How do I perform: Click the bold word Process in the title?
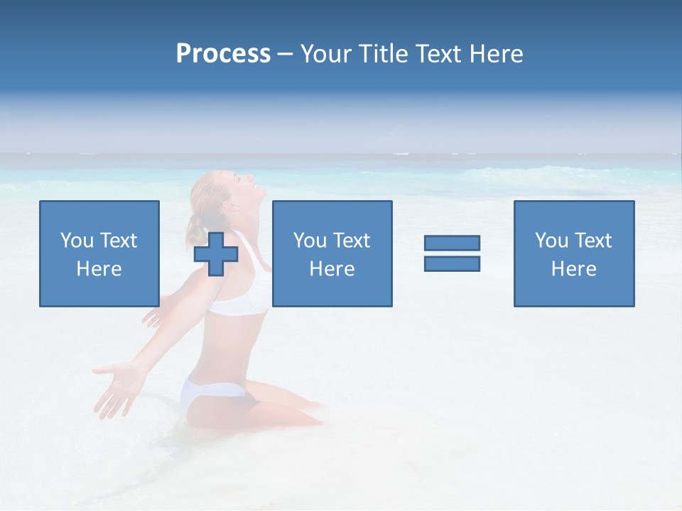tap(223, 54)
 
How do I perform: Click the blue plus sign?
tap(216, 253)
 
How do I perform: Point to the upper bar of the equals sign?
tap(452, 243)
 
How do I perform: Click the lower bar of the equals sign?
tap(452, 263)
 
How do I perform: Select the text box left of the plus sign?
tap(99, 253)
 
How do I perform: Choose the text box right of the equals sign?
tap(574, 253)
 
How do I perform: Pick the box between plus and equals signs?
tap(332, 253)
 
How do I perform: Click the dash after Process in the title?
tap(285, 54)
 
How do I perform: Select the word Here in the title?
tap(497, 54)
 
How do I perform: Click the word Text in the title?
tap(438, 54)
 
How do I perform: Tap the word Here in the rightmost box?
tap(574, 269)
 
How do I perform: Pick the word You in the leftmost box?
tap(77, 241)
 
